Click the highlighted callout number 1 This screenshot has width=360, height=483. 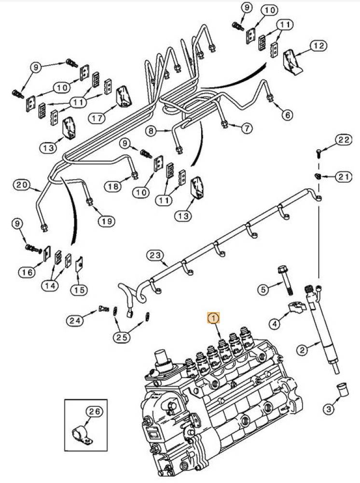pyautogui.click(x=213, y=318)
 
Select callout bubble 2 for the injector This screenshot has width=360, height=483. pyautogui.click(x=302, y=350)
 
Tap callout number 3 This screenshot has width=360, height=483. pyautogui.click(x=328, y=410)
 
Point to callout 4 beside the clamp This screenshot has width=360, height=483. pyautogui.click(x=275, y=324)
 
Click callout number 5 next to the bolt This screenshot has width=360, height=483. pyautogui.click(x=263, y=290)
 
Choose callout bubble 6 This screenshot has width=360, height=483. pyautogui.click(x=287, y=115)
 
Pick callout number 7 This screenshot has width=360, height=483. pyautogui.click(x=247, y=128)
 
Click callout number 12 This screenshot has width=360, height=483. pyautogui.click(x=318, y=46)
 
